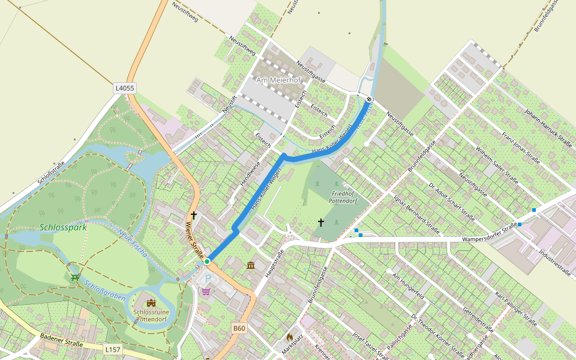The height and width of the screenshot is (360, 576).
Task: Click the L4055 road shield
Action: click(125, 88)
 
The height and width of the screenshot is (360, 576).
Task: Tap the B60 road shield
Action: click(239, 328)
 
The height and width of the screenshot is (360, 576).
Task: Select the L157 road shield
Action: click(112, 349)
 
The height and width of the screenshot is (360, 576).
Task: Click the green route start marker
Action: click(207, 262)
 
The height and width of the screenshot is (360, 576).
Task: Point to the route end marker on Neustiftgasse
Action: click(369, 99)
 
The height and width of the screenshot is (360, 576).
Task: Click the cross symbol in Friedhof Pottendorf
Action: click(321, 223)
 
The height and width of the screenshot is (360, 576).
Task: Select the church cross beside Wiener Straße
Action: click(193, 215)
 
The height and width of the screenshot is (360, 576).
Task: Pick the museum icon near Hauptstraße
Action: click(250, 265)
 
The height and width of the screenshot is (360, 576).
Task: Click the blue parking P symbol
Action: click(208, 278)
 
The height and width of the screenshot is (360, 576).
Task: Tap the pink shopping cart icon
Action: click(206, 292)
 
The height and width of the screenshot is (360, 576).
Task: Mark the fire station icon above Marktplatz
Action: click(290, 338)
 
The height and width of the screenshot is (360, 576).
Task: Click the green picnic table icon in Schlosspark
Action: click(75, 277)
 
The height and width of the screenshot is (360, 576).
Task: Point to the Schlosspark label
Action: click(63, 227)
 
